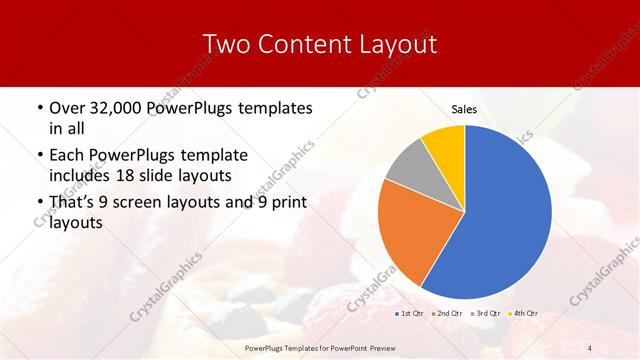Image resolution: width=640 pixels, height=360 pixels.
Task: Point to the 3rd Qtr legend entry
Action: click(x=487, y=314)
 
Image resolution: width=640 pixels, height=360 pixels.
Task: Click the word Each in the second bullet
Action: click(x=67, y=155)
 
